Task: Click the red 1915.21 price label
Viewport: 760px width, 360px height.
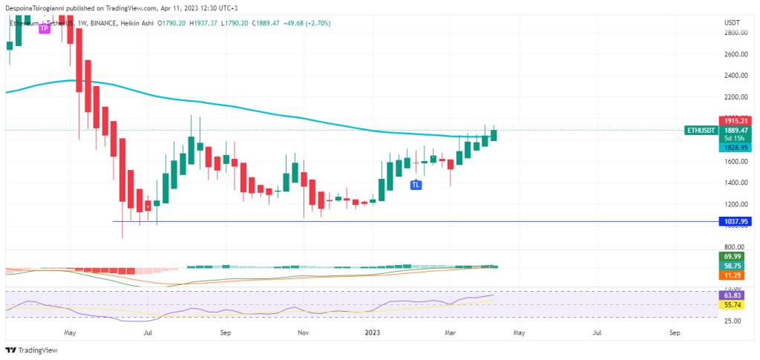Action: pyautogui.click(x=736, y=120)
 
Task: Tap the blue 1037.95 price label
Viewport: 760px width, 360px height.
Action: pyautogui.click(x=736, y=221)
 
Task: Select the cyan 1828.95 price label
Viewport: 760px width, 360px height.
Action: pyautogui.click(x=736, y=148)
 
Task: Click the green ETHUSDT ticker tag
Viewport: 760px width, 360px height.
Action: pyautogui.click(x=699, y=130)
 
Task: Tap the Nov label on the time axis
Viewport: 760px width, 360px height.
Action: pyautogui.click(x=302, y=334)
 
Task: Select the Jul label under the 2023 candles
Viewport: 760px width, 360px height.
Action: pyautogui.click(x=597, y=334)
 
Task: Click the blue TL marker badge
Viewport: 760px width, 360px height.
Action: pyautogui.click(x=416, y=184)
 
